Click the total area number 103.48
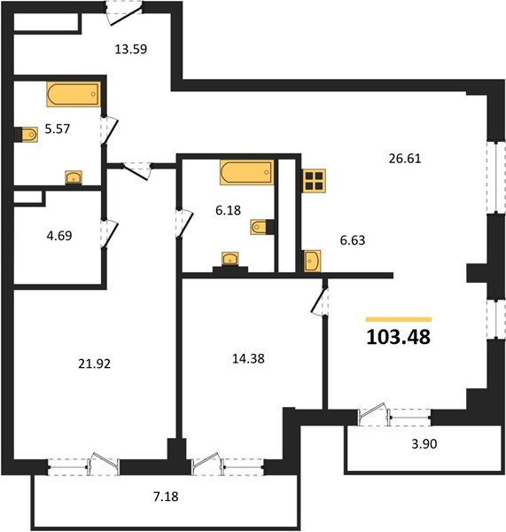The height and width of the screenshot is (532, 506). [399, 337]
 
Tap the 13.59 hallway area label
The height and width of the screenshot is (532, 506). [131, 49]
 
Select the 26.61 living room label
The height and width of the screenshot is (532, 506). [405, 159]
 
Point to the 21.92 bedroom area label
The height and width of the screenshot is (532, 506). [95, 364]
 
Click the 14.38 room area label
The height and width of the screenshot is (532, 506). [249, 358]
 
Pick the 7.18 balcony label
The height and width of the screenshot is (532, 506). [166, 497]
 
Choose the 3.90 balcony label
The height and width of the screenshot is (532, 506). [424, 443]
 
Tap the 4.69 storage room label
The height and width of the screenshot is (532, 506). [59, 235]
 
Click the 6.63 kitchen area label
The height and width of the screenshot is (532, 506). [353, 240]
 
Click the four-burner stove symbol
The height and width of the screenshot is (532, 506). [314, 181]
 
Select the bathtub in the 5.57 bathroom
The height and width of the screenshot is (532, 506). [74, 94]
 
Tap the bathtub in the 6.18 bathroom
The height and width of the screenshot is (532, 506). [247, 172]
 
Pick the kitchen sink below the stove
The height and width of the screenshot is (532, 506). [312, 261]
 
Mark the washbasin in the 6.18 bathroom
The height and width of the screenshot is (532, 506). [230, 259]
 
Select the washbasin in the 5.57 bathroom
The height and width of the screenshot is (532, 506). [74, 177]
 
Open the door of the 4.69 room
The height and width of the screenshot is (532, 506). [109, 234]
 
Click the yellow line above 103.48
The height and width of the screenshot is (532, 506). [399, 319]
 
